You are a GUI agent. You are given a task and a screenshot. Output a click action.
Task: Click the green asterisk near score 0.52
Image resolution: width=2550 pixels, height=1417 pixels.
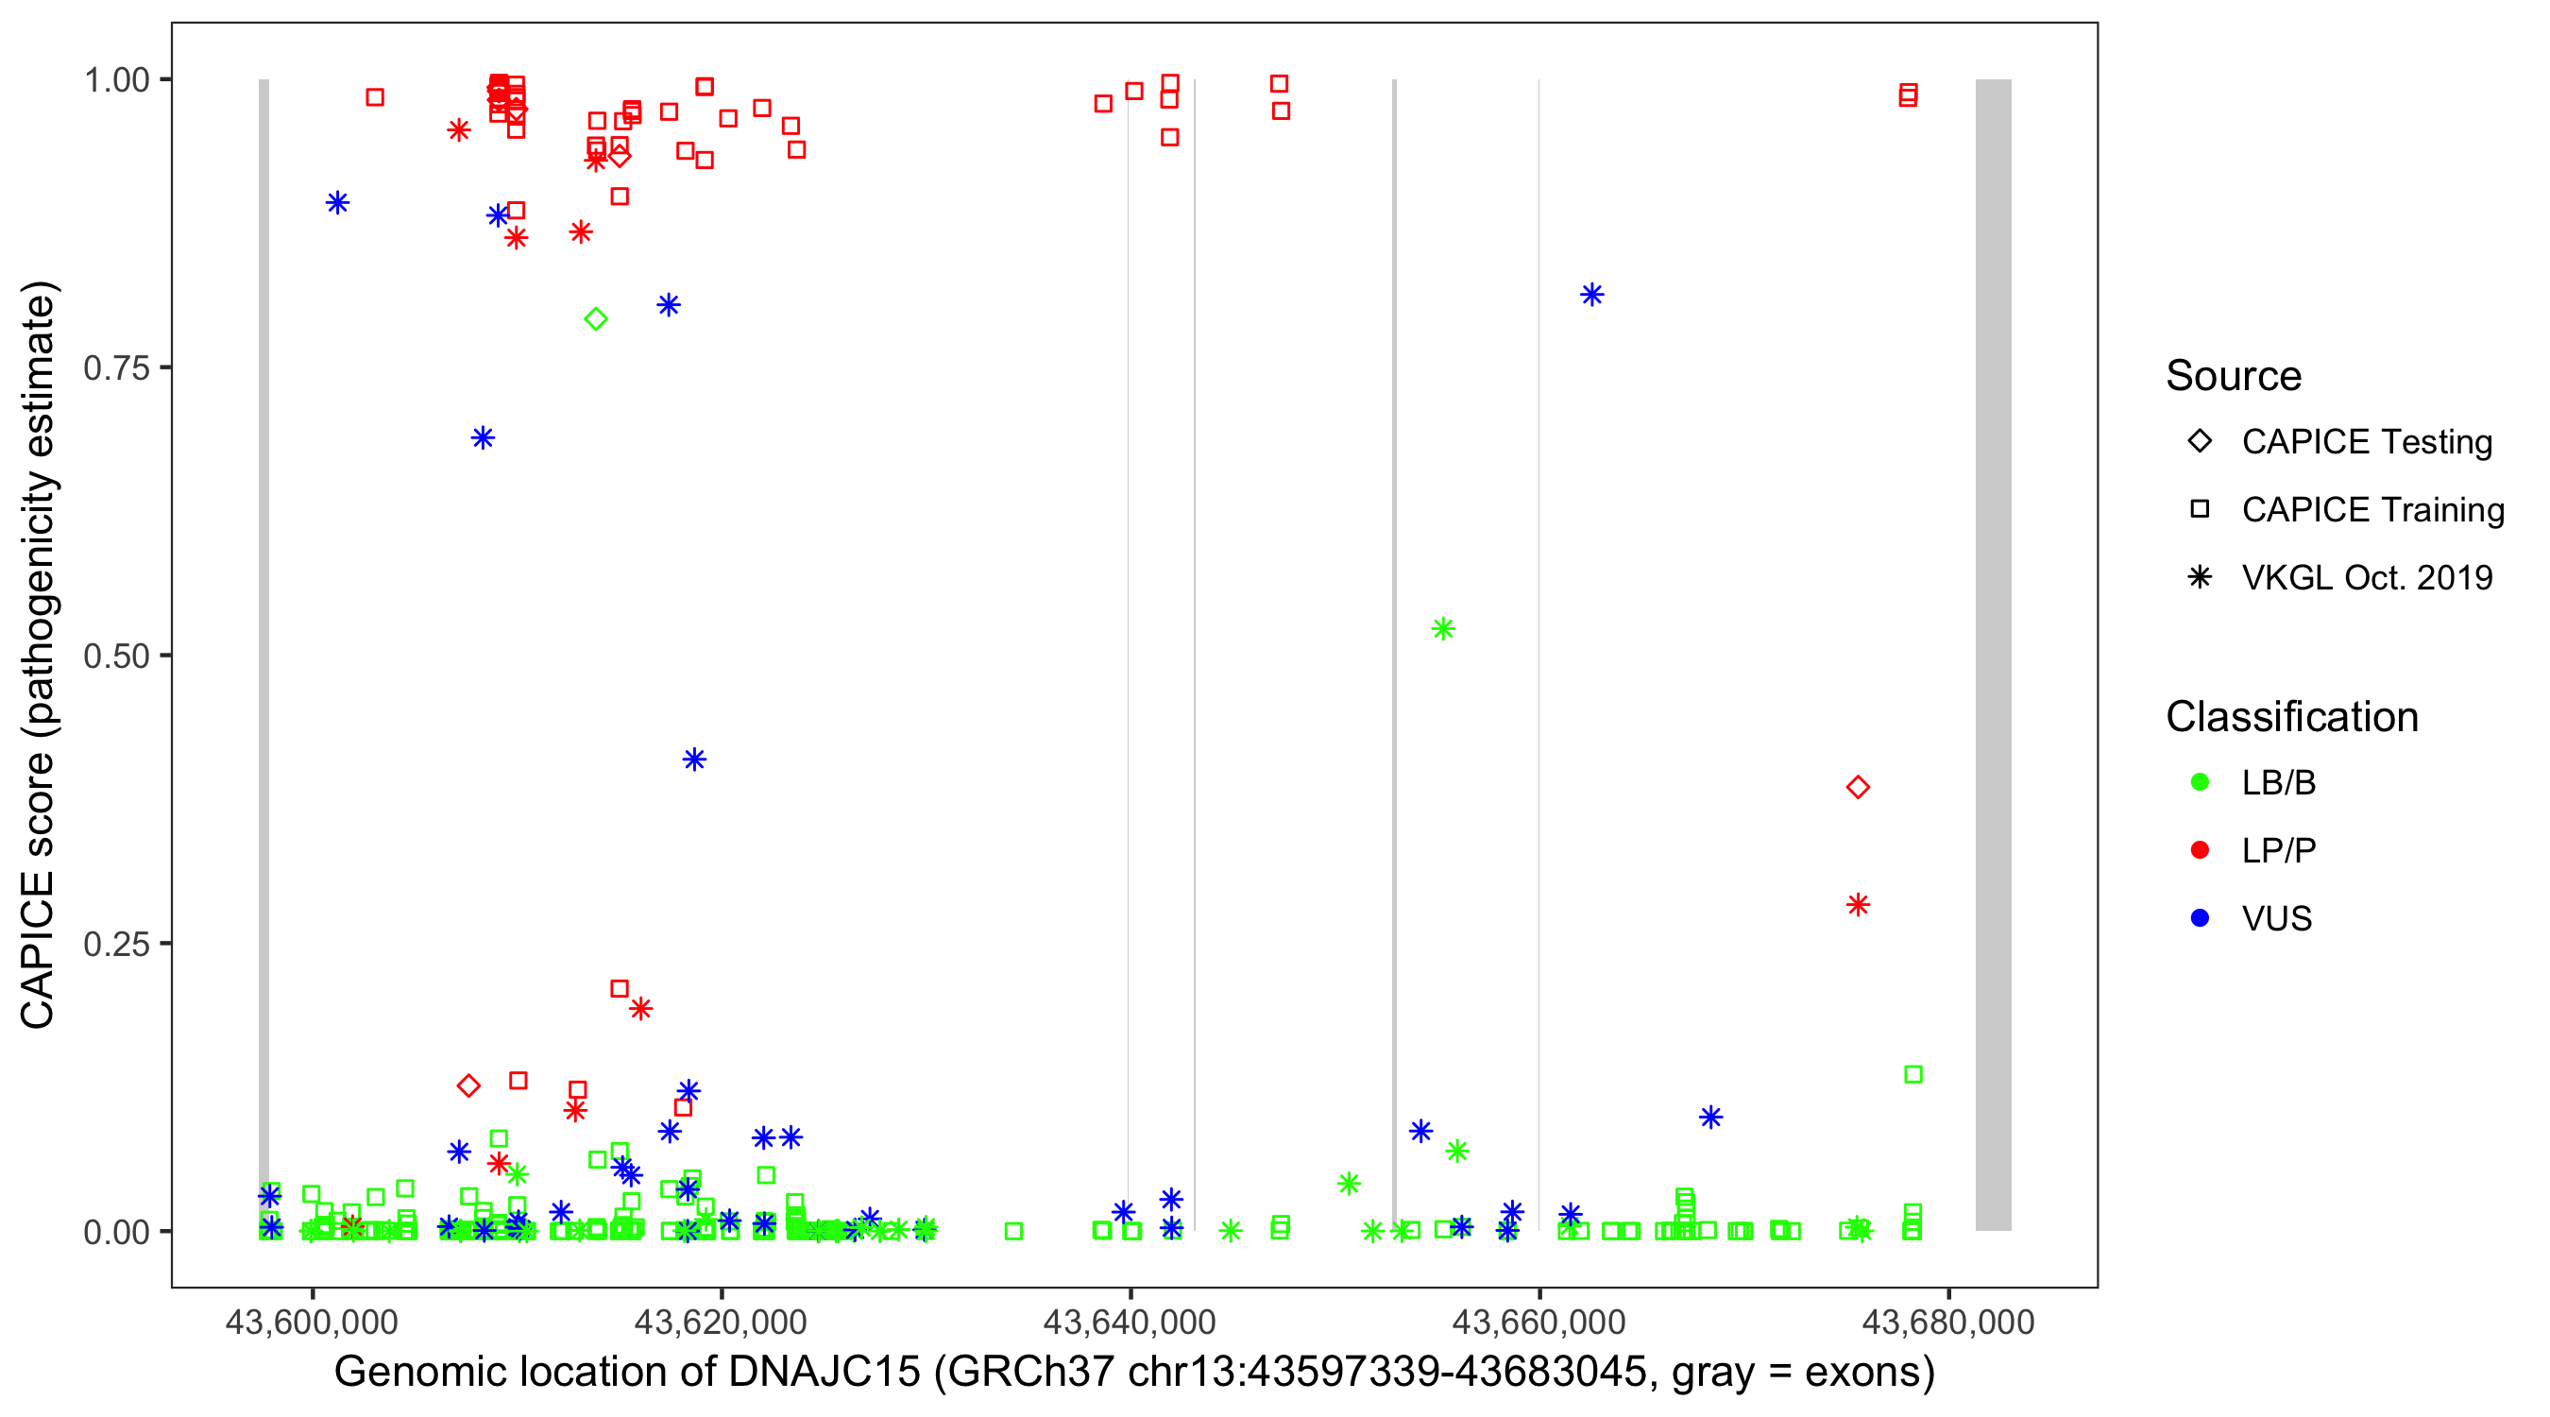pos(1442,629)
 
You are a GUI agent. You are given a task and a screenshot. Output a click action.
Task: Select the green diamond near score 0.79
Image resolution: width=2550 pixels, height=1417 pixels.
pos(595,319)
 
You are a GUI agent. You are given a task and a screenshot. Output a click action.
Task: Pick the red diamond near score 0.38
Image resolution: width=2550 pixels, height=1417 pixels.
pos(1857,787)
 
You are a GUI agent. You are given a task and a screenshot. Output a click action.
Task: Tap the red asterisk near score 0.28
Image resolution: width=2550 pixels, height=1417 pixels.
pos(1857,904)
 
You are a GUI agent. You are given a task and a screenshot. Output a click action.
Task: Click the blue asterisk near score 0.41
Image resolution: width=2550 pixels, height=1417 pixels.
pos(694,760)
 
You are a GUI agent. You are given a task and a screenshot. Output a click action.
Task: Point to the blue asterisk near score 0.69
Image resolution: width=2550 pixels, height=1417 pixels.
pos(482,437)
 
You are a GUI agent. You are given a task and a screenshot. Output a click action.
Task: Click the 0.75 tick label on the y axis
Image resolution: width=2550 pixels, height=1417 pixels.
pos(116,368)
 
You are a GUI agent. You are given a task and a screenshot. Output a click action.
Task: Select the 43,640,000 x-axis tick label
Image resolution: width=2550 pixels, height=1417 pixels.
pos(1130,1322)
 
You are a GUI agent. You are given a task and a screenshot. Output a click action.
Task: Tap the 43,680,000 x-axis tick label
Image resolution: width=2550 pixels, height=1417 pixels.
pos(1948,1322)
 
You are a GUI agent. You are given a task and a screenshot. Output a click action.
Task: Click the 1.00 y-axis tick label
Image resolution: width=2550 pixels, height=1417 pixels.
pos(116,80)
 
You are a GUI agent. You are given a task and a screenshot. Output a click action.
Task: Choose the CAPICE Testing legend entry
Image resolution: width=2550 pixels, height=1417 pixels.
pos(2366,442)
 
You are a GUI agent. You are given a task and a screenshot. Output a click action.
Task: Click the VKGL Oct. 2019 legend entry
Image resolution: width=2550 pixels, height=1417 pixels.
pos(2366,577)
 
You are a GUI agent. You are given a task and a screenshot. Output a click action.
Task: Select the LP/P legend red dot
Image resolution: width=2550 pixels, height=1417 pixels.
pos(2200,850)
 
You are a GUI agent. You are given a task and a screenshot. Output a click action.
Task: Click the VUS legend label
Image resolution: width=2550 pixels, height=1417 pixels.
pos(2276,919)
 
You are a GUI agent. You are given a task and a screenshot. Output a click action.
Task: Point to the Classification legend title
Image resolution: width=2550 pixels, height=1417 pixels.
pos(2291,717)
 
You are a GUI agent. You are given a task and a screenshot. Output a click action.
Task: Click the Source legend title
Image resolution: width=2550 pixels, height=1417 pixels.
pos(2234,376)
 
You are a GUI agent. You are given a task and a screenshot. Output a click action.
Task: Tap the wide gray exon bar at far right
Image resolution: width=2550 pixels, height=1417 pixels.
pos(1993,654)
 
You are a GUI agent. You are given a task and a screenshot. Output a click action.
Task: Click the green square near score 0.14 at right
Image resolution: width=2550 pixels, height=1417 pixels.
pos(1912,1074)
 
